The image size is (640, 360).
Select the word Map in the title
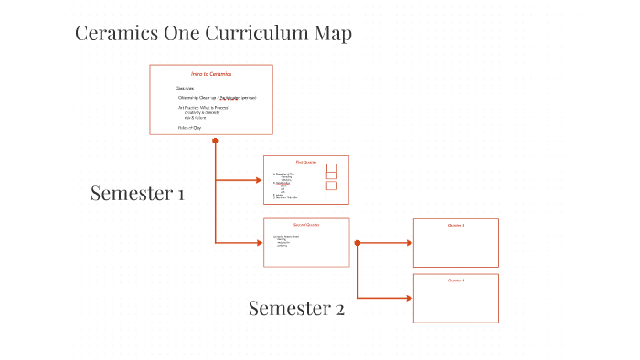[x=331, y=34]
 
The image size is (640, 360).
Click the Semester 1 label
[x=137, y=193]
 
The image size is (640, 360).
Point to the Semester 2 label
[x=296, y=309]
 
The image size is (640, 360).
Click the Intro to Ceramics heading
[x=211, y=74]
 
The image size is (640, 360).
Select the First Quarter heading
[x=305, y=162]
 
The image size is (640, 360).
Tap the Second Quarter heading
[x=306, y=225]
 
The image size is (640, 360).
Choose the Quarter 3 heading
[x=455, y=225]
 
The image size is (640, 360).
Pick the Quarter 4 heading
[x=455, y=280]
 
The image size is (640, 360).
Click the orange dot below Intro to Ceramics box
[x=215, y=141]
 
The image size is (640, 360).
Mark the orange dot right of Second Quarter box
[x=357, y=243]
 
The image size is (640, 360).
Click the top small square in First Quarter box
[x=331, y=167]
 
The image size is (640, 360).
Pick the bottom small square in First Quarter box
[x=331, y=185]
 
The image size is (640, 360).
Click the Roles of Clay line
[x=189, y=128]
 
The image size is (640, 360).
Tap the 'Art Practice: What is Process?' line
[x=204, y=108]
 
